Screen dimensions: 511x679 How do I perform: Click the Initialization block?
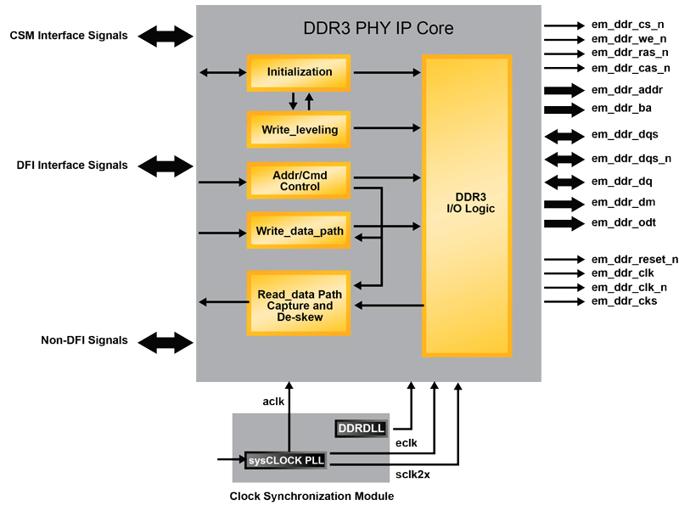point(299,72)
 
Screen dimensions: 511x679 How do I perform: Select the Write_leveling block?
point(299,130)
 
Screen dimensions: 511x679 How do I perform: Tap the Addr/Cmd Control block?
point(299,180)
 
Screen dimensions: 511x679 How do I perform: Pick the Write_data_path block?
point(299,230)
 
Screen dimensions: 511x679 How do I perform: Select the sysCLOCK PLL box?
point(286,461)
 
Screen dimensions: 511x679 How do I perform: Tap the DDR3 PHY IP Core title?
point(378,29)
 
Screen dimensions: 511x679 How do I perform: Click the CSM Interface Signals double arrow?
point(166,36)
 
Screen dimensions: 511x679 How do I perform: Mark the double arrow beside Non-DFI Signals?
point(166,341)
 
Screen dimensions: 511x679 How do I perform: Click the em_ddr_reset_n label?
point(634,260)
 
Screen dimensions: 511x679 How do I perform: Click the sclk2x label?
point(413,474)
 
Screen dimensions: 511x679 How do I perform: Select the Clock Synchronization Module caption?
point(312,496)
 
